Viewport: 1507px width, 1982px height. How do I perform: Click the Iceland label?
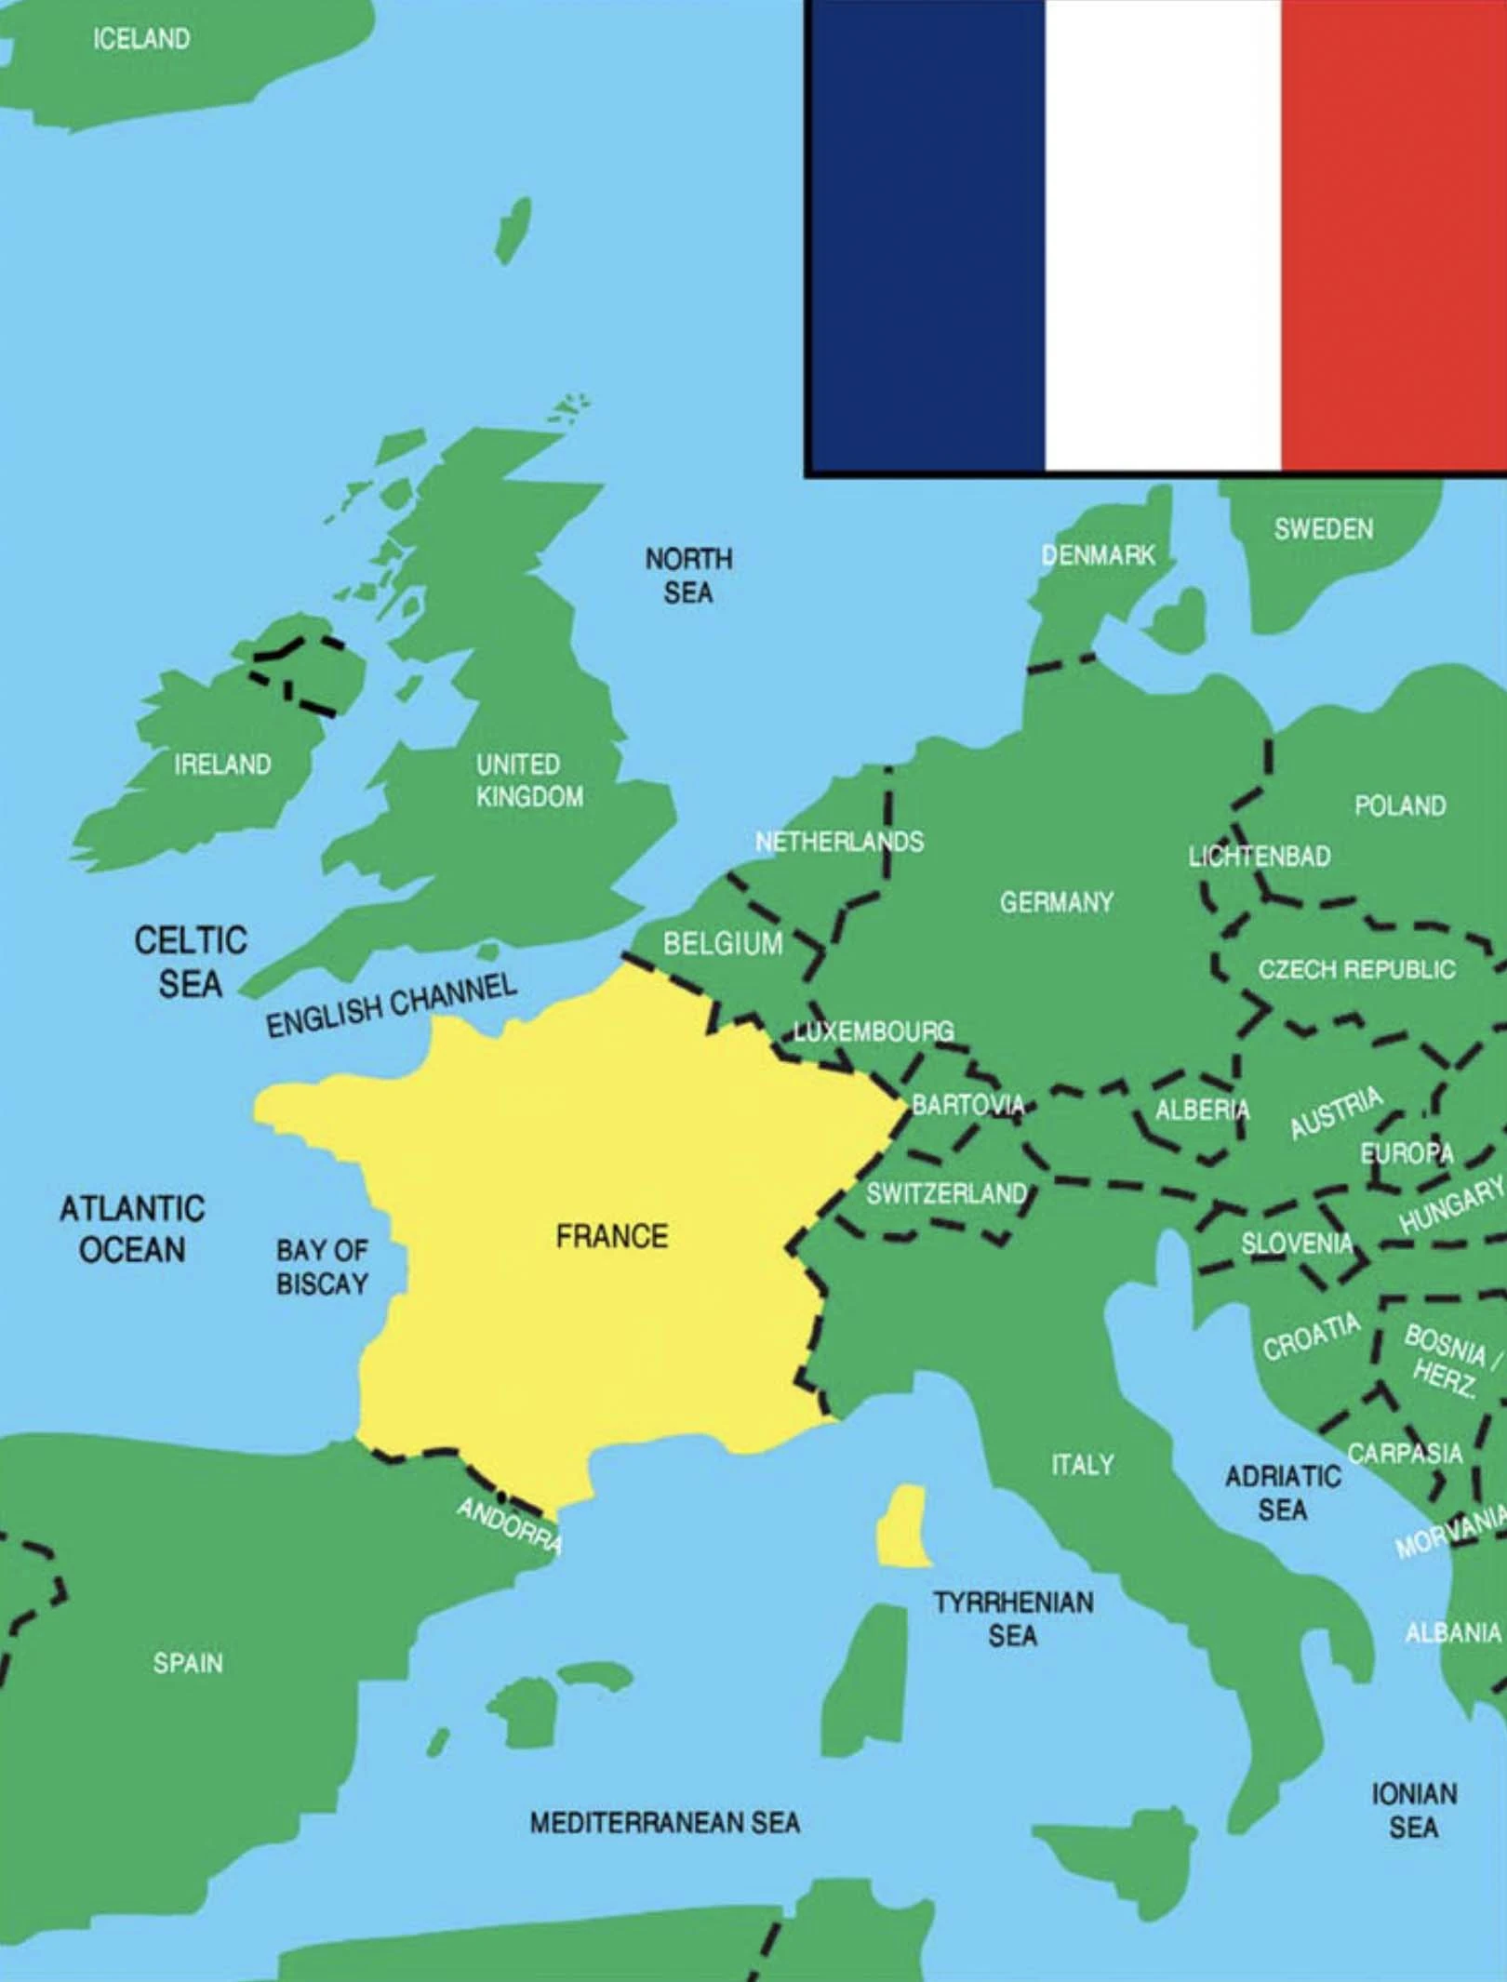(141, 39)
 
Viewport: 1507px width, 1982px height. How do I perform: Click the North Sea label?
(688, 576)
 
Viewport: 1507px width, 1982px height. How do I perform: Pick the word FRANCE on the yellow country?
(612, 1236)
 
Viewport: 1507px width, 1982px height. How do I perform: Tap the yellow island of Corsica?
(903, 1525)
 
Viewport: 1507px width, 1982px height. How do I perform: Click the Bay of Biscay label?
(322, 1267)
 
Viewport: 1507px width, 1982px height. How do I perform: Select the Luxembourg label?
(874, 1031)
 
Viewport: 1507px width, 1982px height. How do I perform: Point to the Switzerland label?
(946, 1193)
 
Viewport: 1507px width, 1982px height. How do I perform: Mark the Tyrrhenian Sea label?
(1013, 1618)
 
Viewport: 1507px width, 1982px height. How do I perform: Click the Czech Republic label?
(1356, 969)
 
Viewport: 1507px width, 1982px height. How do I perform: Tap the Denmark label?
(1098, 555)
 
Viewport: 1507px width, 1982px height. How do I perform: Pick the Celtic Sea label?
(191, 962)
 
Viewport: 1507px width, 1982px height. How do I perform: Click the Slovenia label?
(1297, 1244)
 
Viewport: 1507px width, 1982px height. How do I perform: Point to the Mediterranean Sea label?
(664, 1822)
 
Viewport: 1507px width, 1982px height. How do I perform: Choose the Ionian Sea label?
(1414, 1810)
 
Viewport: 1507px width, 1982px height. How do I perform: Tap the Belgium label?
(723, 944)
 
